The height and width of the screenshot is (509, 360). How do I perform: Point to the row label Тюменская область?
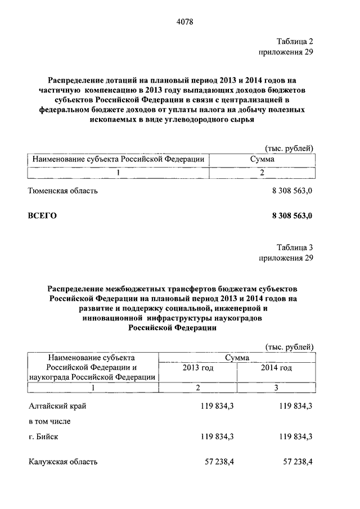click(63, 191)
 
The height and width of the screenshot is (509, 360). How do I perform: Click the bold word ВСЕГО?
click(43, 215)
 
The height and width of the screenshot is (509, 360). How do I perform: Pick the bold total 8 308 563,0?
click(292, 215)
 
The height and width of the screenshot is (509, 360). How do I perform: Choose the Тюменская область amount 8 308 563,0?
click(292, 191)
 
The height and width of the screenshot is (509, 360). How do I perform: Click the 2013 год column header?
click(197, 368)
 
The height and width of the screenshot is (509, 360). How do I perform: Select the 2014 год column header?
click(276, 368)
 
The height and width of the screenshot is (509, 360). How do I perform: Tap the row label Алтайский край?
click(57, 405)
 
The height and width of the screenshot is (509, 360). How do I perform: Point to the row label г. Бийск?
click(44, 436)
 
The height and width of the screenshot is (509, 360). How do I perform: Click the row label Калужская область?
click(63, 462)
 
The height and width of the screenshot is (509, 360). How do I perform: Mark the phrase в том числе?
click(49, 421)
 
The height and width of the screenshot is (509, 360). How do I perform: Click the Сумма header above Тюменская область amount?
click(262, 160)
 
